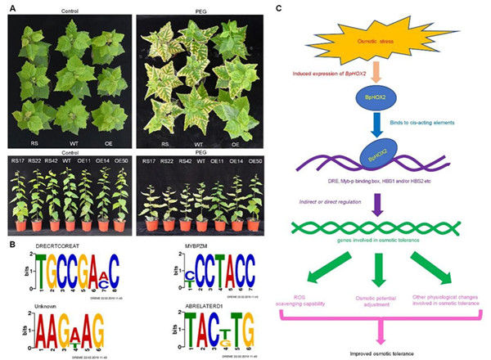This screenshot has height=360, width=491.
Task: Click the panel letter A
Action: [x=9, y=7]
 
